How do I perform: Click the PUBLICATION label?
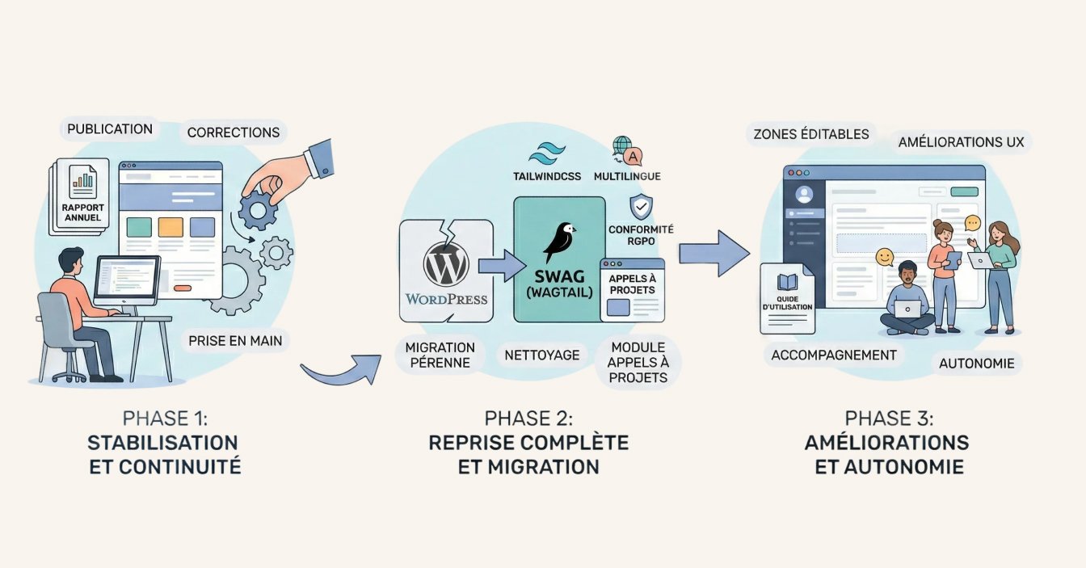pyautogui.click(x=110, y=129)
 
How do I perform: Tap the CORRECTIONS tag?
pyautogui.click(x=233, y=133)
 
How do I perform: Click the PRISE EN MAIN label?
pyautogui.click(x=235, y=341)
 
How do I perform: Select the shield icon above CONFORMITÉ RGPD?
pyautogui.click(x=641, y=207)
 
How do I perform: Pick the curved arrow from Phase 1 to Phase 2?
pyautogui.click(x=339, y=371)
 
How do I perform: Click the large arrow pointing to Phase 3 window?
pyautogui.click(x=714, y=255)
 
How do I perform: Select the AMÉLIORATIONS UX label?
pyautogui.click(x=961, y=143)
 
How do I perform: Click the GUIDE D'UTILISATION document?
pyautogui.click(x=786, y=298)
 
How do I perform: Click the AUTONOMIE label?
pyautogui.click(x=976, y=364)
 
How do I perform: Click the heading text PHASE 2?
pyautogui.click(x=528, y=419)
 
